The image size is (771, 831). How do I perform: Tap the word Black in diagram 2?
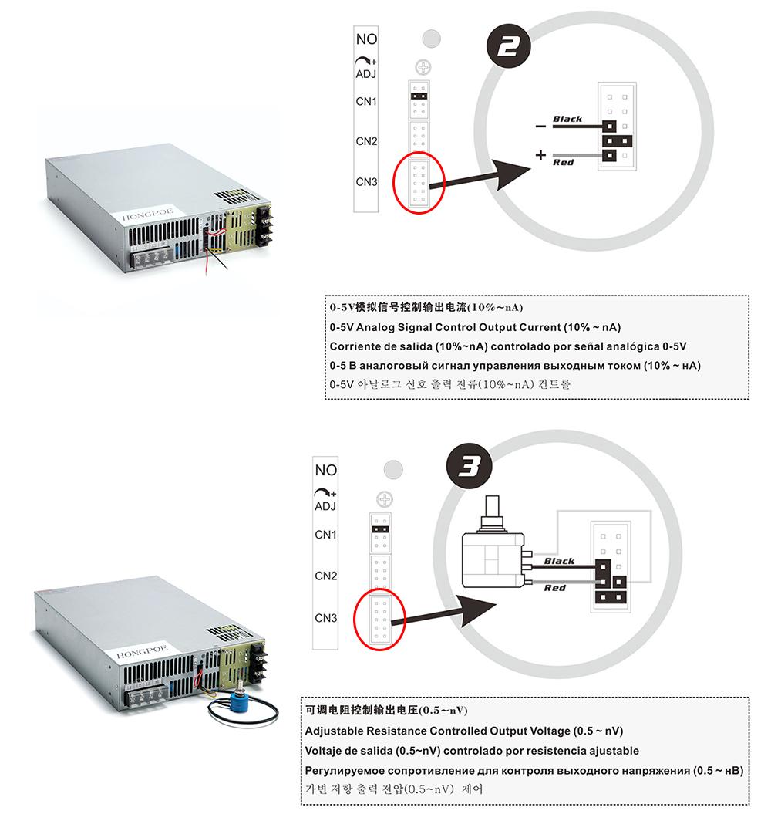point(567,119)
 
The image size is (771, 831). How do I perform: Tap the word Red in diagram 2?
point(564,163)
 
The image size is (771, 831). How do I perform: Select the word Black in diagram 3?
point(559,561)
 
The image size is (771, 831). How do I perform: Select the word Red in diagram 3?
point(554,588)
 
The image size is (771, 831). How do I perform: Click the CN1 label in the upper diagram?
point(366,101)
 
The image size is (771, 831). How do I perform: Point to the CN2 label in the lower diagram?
point(326,576)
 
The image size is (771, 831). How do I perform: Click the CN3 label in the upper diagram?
point(366,182)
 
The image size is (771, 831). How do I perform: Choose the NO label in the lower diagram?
point(326,470)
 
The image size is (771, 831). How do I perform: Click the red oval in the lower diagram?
point(379,618)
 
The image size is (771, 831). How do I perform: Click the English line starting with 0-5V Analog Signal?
point(475,326)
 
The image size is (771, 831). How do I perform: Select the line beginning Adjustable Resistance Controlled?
point(464,730)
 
